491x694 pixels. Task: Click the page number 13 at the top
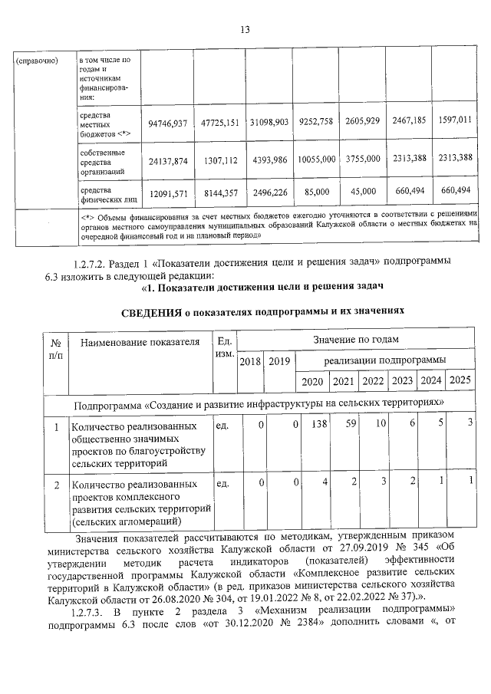pyautogui.click(x=245, y=30)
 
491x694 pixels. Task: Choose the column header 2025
pyautogui.click(x=460, y=381)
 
